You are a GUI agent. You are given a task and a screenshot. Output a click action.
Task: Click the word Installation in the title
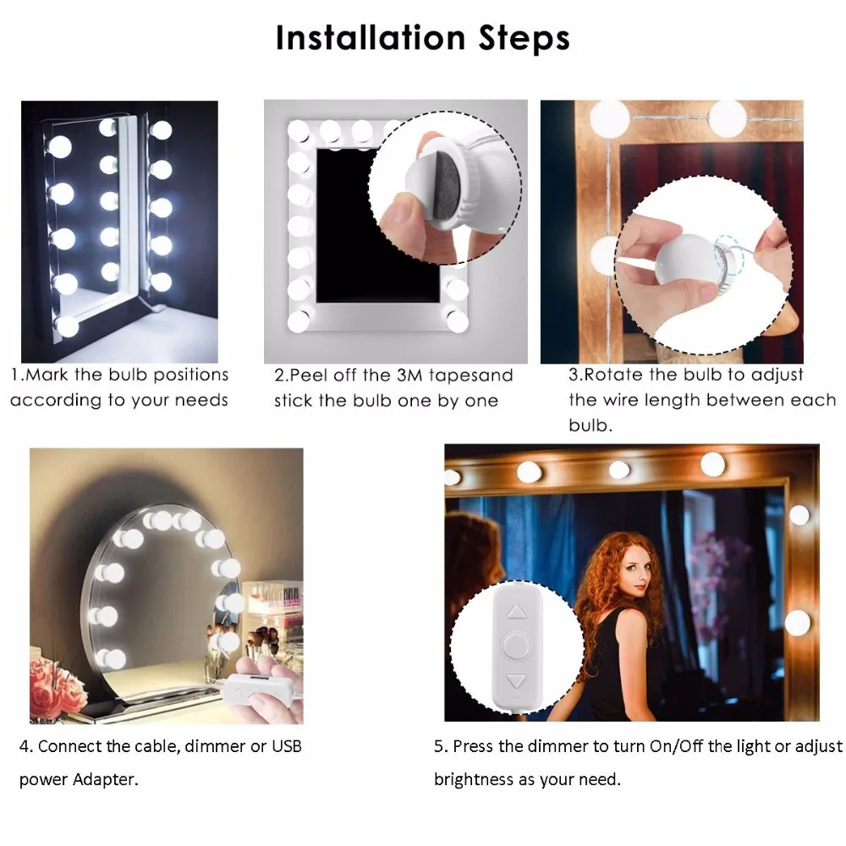click(x=371, y=39)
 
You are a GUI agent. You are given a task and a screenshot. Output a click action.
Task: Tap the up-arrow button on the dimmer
click(x=516, y=610)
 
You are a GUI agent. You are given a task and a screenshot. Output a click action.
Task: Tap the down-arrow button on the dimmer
click(x=516, y=679)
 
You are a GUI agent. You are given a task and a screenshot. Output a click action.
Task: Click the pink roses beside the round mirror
click(x=56, y=685)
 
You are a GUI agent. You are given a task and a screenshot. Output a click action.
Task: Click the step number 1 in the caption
click(x=14, y=375)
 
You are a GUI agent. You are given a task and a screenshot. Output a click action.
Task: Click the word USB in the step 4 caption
click(x=285, y=746)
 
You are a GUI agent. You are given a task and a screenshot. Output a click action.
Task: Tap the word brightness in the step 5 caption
click(x=474, y=779)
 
